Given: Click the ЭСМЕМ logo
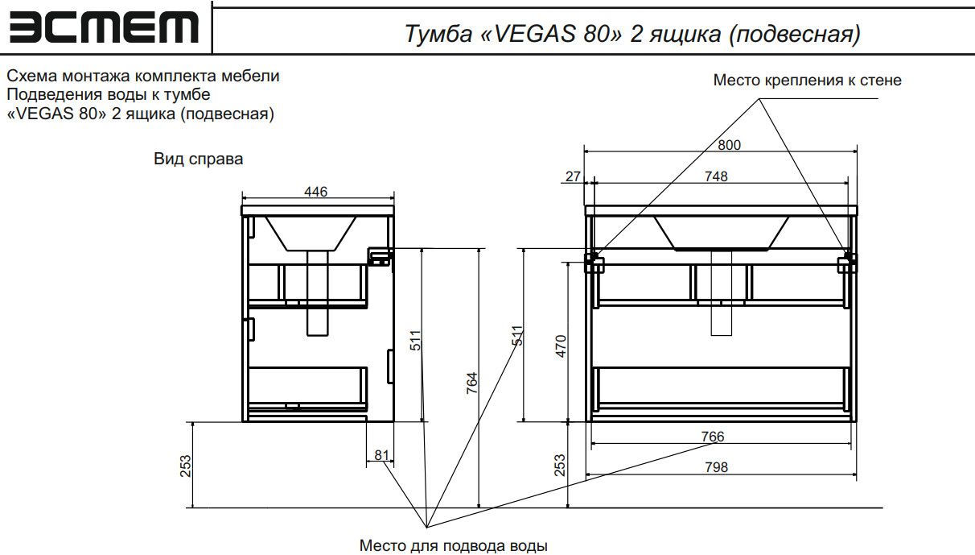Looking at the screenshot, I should [104, 27].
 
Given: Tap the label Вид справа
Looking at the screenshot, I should [198, 159].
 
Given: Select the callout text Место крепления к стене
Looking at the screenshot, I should [807, 81].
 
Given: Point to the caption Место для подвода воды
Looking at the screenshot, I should [453, 545].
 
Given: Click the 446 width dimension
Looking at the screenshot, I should [315, 192].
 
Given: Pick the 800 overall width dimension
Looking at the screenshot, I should [729, 145].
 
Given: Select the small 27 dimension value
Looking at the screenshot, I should [573, 176].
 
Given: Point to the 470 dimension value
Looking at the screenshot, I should [561, 346].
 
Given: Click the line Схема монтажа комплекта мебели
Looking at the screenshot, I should [143, 77].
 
